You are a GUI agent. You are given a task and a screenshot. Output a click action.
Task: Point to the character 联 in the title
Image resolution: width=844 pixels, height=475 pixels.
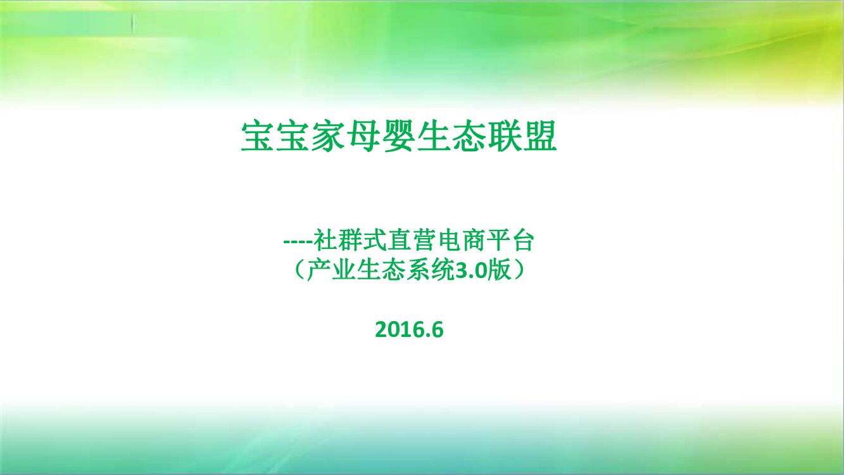click(x=505, y=136)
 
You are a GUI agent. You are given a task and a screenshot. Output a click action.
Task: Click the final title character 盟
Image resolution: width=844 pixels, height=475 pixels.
click(x=540, y=136)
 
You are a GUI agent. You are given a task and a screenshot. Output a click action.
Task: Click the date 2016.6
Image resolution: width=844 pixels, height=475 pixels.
click(x=409, y=329)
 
